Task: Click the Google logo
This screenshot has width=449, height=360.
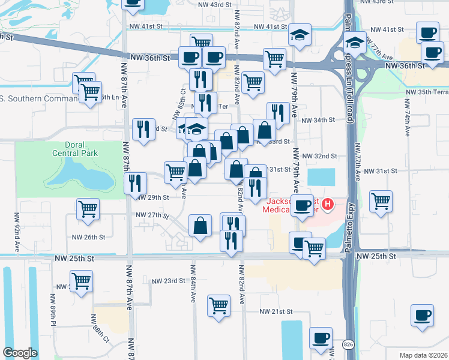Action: click(x=20, y=353)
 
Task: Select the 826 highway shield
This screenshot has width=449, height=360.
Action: click(x=348, y=344)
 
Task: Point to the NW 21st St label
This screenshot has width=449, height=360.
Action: click(x=276, y=311)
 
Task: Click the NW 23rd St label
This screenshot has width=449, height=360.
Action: click(x=168, y=281)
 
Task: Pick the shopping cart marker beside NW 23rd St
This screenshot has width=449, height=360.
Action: click(x=81, y=280)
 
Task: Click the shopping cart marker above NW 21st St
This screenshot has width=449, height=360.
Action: click(x=219, y=305)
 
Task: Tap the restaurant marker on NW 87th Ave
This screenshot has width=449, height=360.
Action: click(x=136, y=182)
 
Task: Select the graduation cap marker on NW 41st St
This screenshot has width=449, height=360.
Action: click(x=299, y=35)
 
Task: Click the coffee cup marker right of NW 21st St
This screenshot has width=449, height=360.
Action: click(x=423, y=315)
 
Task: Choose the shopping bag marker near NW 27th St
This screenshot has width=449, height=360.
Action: click(x=200, y=226)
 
